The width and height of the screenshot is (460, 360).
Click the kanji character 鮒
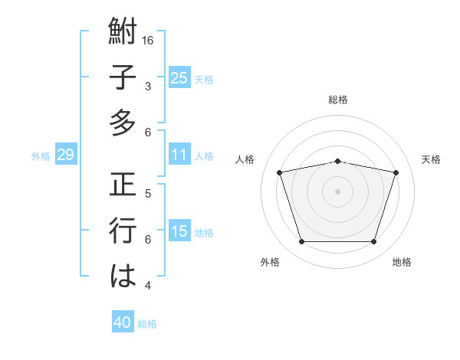123,32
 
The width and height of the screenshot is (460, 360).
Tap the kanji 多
123,122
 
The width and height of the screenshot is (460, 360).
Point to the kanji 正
123,187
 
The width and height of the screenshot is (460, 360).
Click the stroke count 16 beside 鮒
149,40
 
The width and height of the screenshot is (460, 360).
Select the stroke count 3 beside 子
148,87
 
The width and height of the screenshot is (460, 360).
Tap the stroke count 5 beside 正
148,192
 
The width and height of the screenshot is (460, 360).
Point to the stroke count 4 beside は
148,286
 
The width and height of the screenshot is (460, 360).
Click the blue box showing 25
179,78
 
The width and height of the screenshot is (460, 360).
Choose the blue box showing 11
179,155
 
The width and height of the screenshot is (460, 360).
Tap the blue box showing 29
65,155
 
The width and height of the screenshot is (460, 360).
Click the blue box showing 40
123,322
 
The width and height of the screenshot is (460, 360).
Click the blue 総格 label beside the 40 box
147,324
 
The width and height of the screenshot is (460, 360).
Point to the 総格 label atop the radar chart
338,100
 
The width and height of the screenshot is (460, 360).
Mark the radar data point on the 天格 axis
396,172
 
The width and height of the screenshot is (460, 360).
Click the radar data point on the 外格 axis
301,242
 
